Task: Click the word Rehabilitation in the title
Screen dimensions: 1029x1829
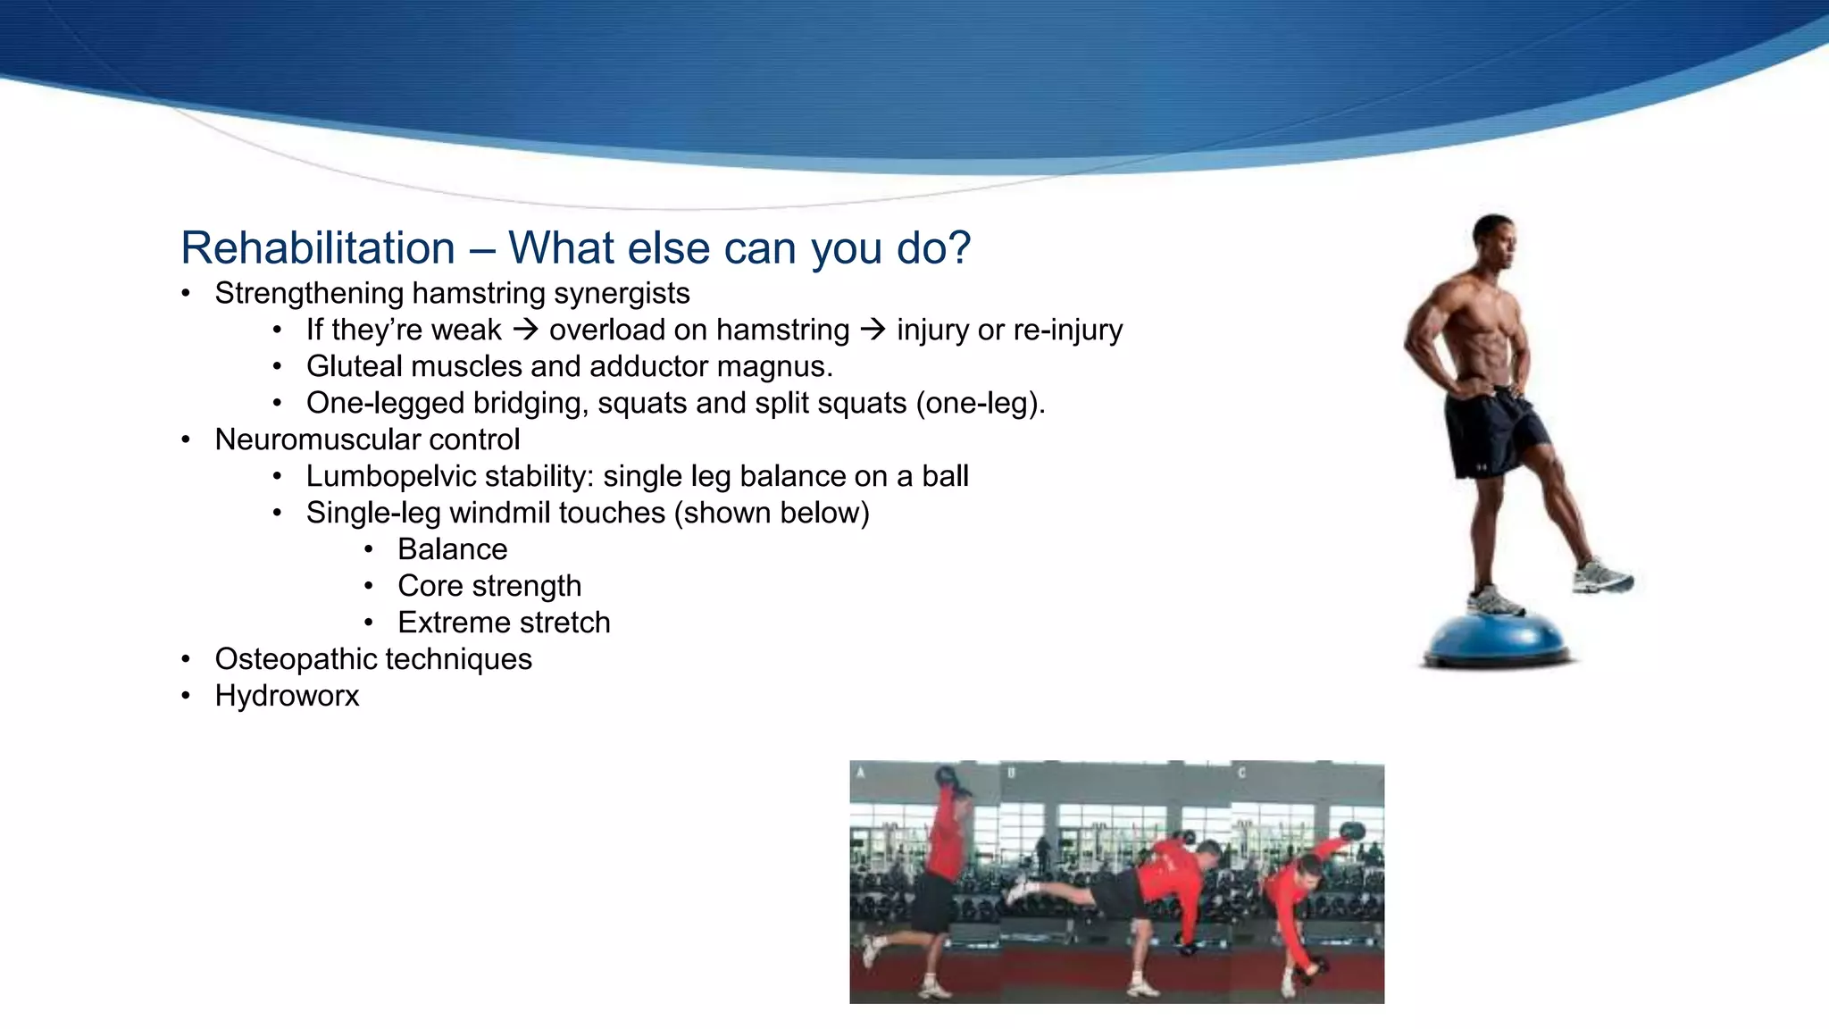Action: (318, 248)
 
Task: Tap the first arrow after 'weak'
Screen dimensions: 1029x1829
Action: (526, 330)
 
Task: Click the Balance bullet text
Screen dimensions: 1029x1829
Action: (452, 549)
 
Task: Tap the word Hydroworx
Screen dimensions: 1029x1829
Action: (287, 696)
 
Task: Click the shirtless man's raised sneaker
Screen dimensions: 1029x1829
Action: (1602, 576)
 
